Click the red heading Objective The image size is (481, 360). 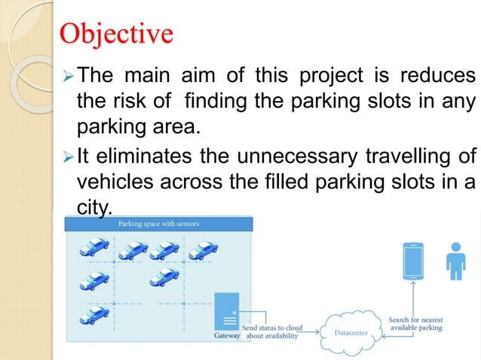coord(116,35)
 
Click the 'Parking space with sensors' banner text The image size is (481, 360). coord(158,224)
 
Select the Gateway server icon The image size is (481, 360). coord(227,311)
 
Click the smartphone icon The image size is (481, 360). coord(413,261)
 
